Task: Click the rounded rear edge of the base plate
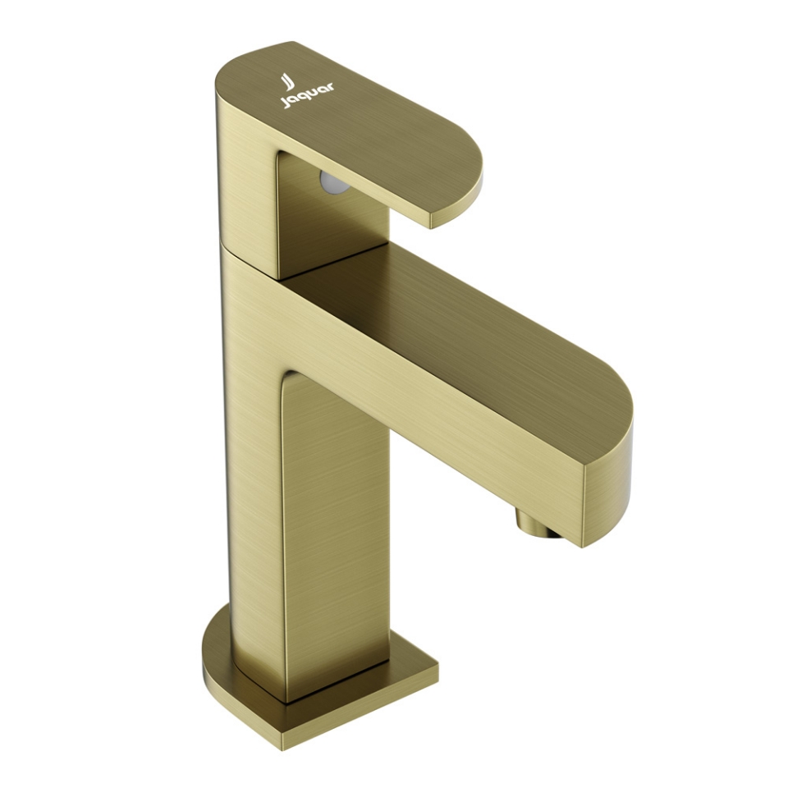210,648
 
